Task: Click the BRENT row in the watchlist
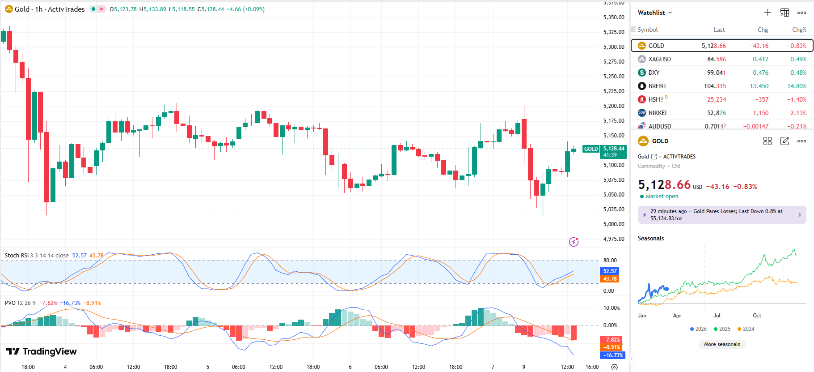pos(657,86)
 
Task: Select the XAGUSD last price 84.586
pos(716,59)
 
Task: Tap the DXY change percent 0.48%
pos(798,73)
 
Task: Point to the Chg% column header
pos(799,30)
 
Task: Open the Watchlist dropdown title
pos(654,13)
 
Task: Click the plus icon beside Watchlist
pos(768,13)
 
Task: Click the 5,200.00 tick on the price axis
pos(614,106)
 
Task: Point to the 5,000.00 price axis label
pos(614,224)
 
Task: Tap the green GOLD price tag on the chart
pos(590,149)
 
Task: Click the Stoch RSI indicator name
pos(17,256)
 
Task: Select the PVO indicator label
pos(10,303)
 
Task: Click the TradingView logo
pos(42,351)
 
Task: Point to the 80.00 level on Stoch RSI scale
pos(610,261)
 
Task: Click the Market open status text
pos(662,197)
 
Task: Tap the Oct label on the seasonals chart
pos(757,316)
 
